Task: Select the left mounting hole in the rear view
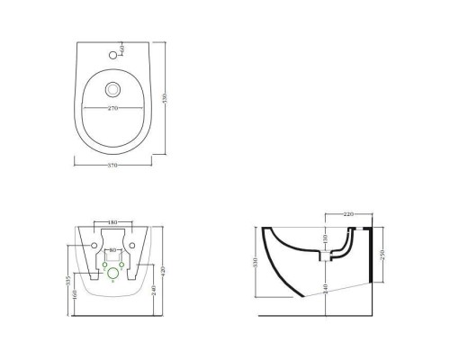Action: tap(94, 246)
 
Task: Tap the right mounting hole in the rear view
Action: tap(131, 246)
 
